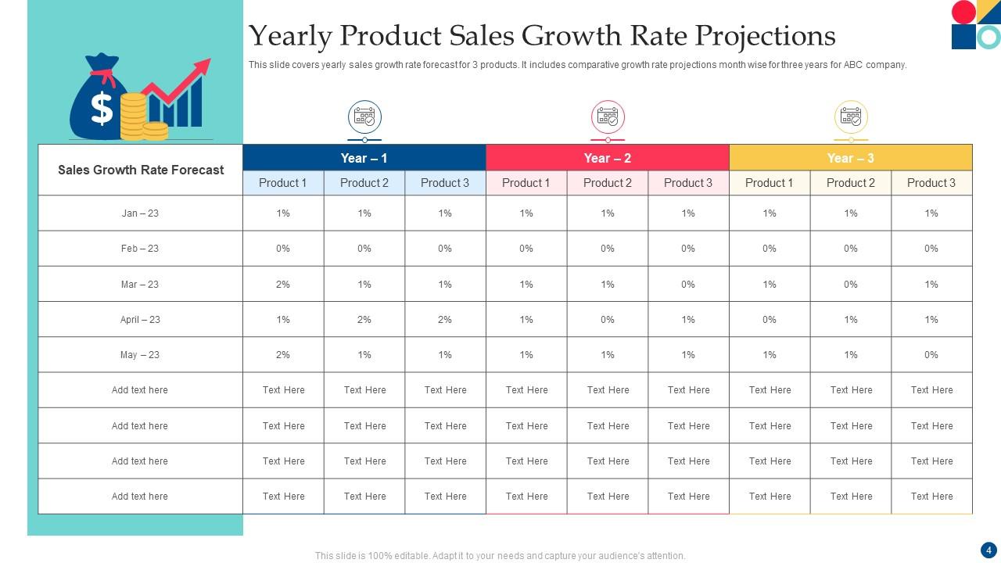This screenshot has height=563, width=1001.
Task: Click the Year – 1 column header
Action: point(364,158)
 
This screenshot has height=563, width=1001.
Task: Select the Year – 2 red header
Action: point(607,158)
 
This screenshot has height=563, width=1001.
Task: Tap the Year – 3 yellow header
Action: point(850,158)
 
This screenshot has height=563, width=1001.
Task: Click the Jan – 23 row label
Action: point(140,213)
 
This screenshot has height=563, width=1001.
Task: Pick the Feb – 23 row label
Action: point(140,249)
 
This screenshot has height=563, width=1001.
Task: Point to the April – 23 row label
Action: point(140,319)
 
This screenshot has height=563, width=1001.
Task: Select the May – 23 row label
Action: point(140,355)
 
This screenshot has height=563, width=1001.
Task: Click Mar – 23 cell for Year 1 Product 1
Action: point(283,285)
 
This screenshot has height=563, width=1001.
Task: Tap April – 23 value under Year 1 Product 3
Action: point(445,319)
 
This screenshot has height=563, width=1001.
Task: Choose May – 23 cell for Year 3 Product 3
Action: point(931,355)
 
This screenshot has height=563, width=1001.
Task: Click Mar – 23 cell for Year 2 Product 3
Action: point(688,285)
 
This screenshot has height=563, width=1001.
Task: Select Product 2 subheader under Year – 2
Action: point(607,183)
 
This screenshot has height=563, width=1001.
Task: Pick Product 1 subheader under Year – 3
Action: point(769,183)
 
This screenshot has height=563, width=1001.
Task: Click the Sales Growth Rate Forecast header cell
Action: point(141,170)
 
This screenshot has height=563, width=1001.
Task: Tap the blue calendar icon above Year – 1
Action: point(364,117)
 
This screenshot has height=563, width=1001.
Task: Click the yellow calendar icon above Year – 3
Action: point(851,117)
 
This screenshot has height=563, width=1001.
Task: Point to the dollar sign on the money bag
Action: point(102,108)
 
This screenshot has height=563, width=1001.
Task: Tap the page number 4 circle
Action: point(987,550)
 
